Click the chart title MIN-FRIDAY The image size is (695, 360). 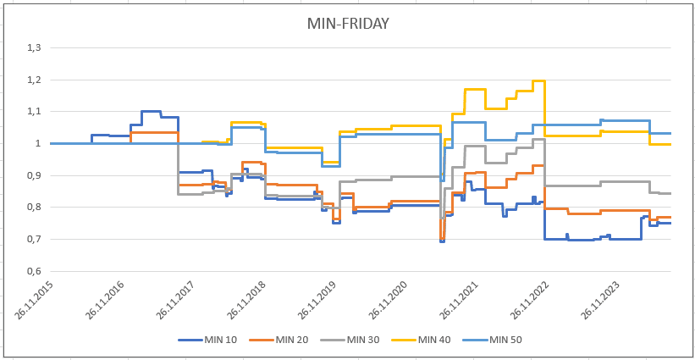(x=348, y=24)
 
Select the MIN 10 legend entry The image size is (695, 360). (x=207, y=340)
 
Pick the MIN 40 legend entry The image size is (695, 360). (x=422, y=340)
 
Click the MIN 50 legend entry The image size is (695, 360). (x=493, y=340)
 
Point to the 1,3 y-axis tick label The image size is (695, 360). (x=34, y=48)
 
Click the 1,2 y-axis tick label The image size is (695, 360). (x=34, y=80)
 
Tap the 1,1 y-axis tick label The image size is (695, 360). (x=34, y=112)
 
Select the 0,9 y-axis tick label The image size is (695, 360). (x=34, y=175)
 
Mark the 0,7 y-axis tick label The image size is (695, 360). (x=34, y=240)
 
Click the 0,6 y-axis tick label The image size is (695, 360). (x=34, y=271)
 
